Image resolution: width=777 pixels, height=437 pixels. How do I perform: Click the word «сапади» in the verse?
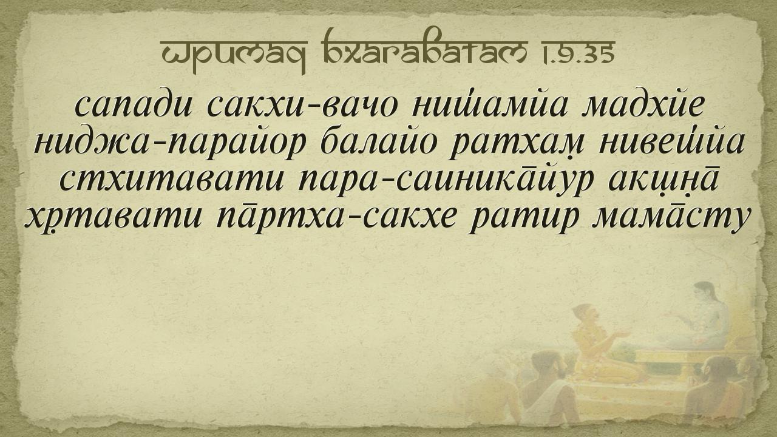(x=133, y=106)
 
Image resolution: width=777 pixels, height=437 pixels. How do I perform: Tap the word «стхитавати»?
(x=172, y=180)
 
